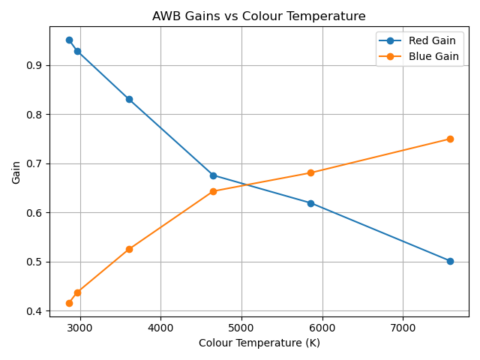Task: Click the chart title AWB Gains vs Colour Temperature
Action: point(259,16)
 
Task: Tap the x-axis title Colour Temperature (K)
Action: point(259,343)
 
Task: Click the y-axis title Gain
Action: point(16,172)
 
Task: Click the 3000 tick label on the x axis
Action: point(80,327)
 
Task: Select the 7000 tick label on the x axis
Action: point(403,327)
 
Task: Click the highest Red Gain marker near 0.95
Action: point(69,40)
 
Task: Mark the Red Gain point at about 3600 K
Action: point(129,99)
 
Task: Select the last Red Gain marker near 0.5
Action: point(450,261)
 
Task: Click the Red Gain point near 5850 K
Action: point(310,203)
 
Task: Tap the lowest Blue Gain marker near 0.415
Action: point(69,303)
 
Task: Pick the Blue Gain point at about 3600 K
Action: point(129,249)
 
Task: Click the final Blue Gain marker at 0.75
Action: point(450,139)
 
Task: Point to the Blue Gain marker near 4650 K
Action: point(213,191)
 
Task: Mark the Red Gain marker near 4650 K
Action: point(213,175)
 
